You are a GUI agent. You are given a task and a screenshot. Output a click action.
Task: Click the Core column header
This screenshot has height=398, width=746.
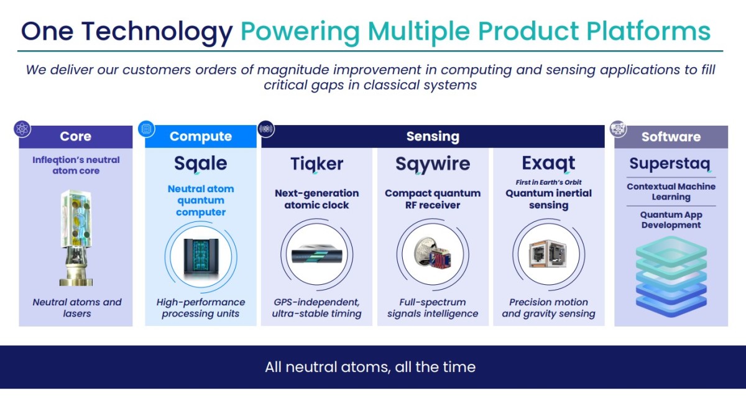tap(76, 137)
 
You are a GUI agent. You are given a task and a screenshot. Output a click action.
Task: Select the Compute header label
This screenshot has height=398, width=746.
tap(200, 137)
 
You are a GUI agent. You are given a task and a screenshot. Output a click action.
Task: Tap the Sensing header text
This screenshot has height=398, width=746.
tap(433, 137)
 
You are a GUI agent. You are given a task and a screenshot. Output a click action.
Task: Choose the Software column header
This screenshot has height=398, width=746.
tap(671, 137)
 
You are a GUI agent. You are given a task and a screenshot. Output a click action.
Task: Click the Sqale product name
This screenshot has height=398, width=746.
tap(200, 164)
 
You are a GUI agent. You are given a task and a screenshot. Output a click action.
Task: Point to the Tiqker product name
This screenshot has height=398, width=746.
tap(316, 164)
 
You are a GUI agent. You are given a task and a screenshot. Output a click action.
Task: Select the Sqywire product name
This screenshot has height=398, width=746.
tap(433, 164)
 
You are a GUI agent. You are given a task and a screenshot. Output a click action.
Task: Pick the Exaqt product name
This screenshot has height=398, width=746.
tap(548, 164)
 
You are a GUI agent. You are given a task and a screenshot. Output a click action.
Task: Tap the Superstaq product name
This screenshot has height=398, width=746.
tap(670, 164)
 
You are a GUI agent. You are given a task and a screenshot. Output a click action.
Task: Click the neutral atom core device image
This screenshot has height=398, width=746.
tap(76, 238)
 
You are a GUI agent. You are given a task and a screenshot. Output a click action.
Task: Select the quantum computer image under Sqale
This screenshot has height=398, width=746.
tap(201, 256)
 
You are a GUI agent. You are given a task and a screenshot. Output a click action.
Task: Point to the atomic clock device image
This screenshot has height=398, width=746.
tap(316, 255)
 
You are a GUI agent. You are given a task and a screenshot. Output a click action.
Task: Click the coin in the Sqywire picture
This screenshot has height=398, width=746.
tap(423, 251)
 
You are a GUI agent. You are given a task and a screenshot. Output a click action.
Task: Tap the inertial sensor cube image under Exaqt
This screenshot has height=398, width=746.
tap(548, 254)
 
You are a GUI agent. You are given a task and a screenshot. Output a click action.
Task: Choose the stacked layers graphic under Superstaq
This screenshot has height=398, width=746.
tap(671, 277)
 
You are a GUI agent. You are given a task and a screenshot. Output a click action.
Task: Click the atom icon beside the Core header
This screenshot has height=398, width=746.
tap(22, 129)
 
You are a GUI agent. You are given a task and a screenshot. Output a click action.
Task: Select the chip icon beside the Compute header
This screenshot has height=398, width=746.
tap(147, 129)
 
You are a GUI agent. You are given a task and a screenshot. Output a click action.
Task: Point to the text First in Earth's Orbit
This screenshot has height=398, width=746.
tap(548, 182)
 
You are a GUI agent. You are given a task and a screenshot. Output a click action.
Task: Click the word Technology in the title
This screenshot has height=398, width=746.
tap(157, 32)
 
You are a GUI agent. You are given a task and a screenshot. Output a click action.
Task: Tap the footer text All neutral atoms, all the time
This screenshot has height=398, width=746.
tap(371, 367)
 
